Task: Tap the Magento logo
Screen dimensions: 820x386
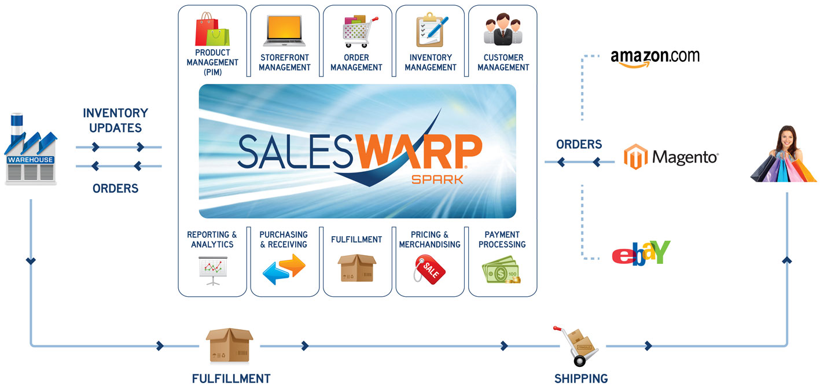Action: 671,157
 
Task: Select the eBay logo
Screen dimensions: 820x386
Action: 641,253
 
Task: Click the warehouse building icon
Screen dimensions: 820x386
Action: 31,150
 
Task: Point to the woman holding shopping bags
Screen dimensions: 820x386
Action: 784,154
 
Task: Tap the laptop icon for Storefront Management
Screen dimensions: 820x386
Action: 285,31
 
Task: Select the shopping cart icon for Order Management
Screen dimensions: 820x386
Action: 356,31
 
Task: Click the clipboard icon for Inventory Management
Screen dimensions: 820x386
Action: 430,30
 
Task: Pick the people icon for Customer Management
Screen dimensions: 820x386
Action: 503,31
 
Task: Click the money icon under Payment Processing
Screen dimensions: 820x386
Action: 501,270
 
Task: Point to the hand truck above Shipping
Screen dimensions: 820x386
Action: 576,345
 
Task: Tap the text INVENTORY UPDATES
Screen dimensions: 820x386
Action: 115,120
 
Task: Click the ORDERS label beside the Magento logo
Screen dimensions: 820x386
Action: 579,144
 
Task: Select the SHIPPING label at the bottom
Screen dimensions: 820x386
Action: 581,379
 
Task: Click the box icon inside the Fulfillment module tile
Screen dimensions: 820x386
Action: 356,268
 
